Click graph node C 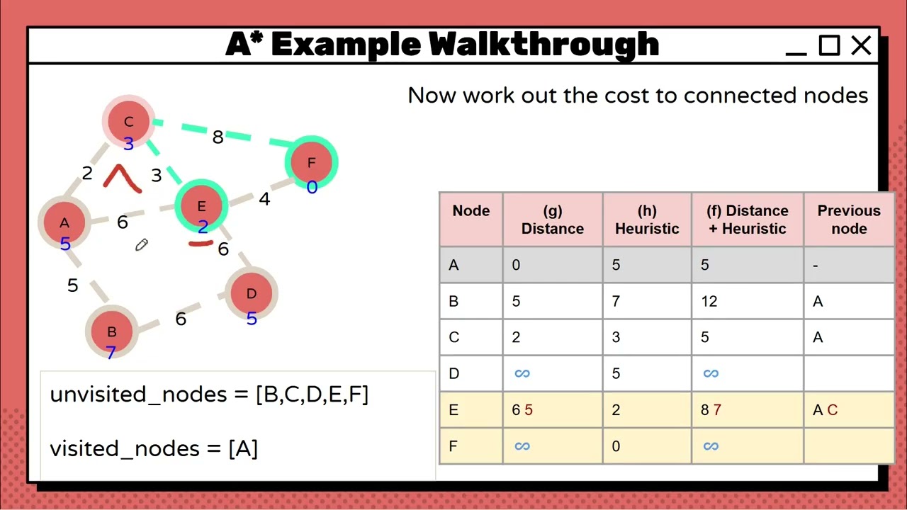tap(128, 123)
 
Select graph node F tap(311, 164)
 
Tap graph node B tap(111, 332)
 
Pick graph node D tap(251, 294)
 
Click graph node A tap(64, 224)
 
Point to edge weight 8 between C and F tap(218, 137)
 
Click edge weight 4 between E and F tap(264, 200)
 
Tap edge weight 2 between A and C tap(87, 174)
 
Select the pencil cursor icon tap(141, 245)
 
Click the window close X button tap(861, 47)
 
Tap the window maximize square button tap(828, 47)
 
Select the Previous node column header tap(848, 220)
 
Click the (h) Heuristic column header tap(646, 220)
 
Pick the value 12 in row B tap(709, 302)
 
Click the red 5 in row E tap(529, 410)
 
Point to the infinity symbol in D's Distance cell tap(522, 373)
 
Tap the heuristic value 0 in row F tap(616, 446)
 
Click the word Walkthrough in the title tap(543, 45)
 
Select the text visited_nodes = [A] tap(154, 448)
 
